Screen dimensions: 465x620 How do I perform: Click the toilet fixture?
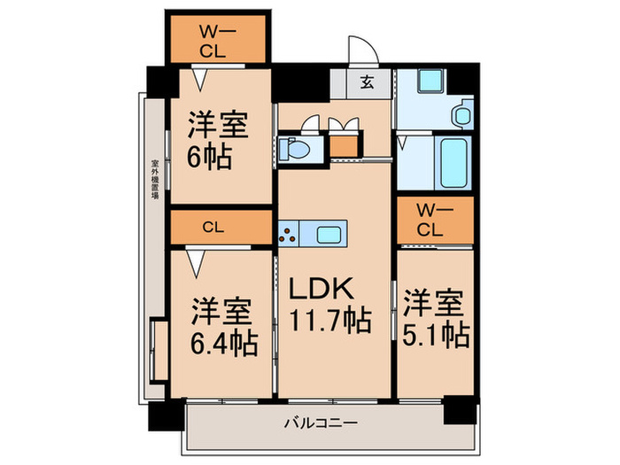click(296, 147)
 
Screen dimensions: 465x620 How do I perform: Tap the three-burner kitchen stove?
click(291, 235)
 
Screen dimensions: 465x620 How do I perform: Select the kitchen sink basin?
click(329, 235)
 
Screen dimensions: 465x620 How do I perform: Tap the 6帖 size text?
click(210, 158)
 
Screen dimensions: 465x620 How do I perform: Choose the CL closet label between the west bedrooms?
click(212, 227)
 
